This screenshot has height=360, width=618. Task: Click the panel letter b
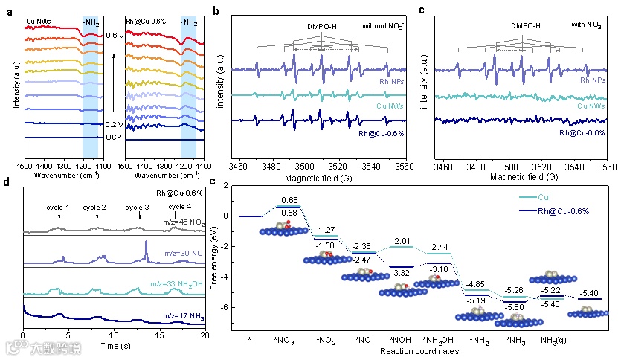tap(216, 11)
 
